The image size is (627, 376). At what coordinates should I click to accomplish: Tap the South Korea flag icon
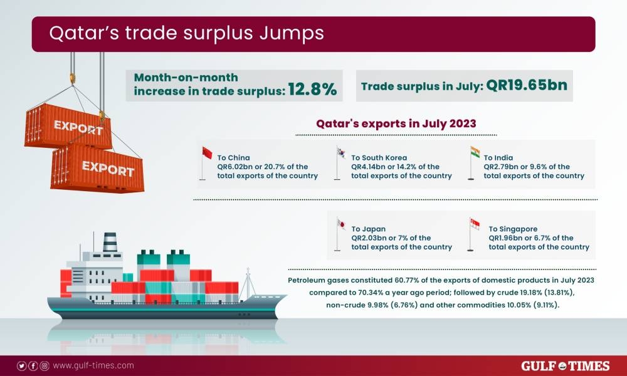pos(341,153)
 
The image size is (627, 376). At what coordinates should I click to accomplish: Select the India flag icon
pos(475,153)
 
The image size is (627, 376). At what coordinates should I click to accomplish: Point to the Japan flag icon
pos(341,225)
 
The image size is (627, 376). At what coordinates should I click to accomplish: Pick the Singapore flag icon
pos(475,225)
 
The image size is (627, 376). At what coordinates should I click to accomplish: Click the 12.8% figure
pos(313,90)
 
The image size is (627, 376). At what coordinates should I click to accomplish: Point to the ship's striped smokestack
pos(110,242)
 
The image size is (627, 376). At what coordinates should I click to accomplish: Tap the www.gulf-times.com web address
pos(93,366)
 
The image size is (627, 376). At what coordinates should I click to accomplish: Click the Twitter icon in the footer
pos(22,366)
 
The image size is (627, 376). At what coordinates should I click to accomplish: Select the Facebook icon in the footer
pos(33,366)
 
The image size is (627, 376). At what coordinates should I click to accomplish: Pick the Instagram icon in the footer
pos(44,366)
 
